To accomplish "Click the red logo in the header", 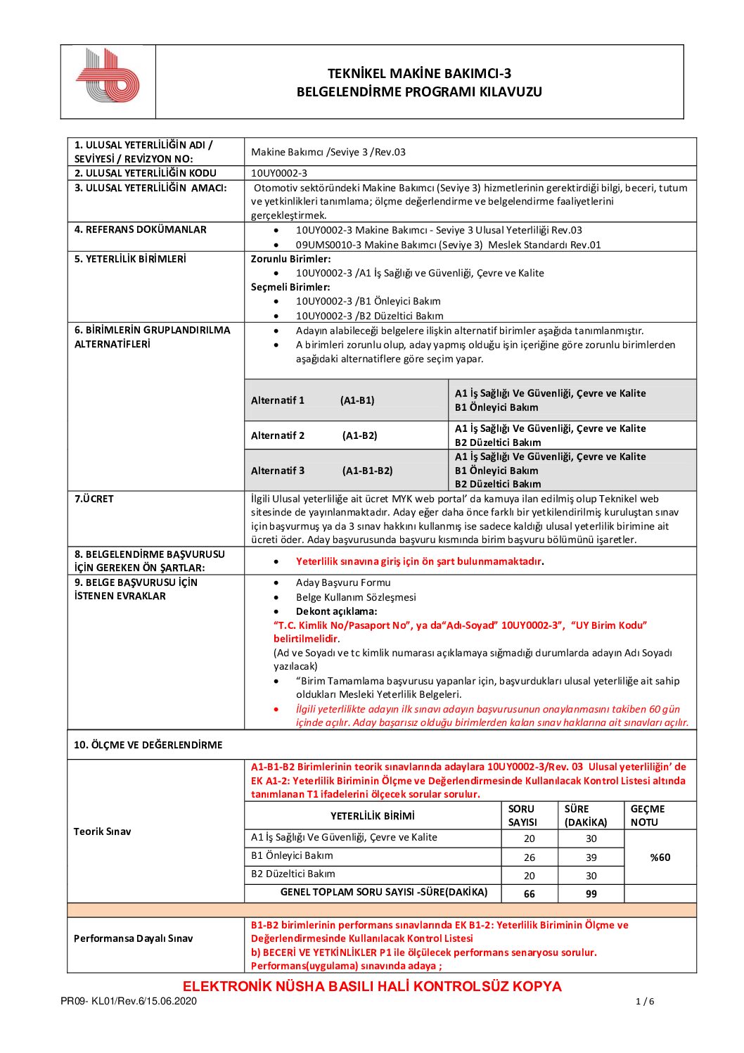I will [108, 75].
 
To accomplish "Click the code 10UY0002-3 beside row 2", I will [279, 173].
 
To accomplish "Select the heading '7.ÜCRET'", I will [94, 499].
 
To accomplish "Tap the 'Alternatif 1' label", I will [278, 400].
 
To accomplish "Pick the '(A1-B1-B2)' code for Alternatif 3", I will [367, 471].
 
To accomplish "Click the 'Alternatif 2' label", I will [278, 435].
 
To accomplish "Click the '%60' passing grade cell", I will [660, 857].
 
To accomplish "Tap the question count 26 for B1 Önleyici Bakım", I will [530, 857].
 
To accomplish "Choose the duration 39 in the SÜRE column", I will [591, 857].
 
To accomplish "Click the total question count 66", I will [530, 894].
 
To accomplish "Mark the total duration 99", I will [591, 894].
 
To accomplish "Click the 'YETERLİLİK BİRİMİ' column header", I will [373, 816].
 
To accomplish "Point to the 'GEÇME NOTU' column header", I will [647, 816].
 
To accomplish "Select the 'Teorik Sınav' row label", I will [103, 831].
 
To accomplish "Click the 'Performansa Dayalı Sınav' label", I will [133, 938].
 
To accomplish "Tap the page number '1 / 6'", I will [645, 1002].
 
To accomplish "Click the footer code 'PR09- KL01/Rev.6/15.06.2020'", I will [129, 1002].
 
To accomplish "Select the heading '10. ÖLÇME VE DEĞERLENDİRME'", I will [148, 745].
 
